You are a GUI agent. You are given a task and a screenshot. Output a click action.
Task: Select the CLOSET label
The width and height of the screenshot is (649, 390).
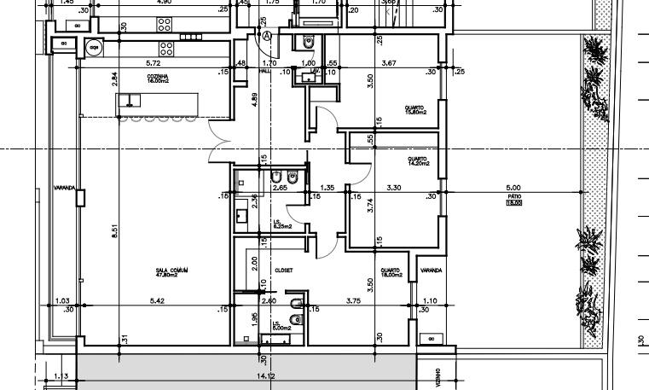pyautogui.click(x=283, y=270)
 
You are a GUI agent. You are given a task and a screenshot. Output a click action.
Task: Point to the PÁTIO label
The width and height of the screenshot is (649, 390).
pyautogui.click(x=513, y=198)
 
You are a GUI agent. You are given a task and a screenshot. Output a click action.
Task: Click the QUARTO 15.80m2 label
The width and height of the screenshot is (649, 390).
pyautogui.click(x=415, y=109)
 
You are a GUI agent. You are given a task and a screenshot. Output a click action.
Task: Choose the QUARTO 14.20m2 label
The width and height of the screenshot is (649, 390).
pyautogui.click(x=417, y=161)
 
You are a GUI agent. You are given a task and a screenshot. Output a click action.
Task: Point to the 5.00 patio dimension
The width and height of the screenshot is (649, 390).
pyautogui.click(x=513, y=188)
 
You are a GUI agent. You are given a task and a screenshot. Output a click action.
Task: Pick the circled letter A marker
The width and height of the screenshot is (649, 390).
pyautogui.click(x=268, y=36)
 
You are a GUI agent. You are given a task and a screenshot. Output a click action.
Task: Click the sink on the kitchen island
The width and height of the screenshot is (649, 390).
pyautogui.click(x=128, y=102)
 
